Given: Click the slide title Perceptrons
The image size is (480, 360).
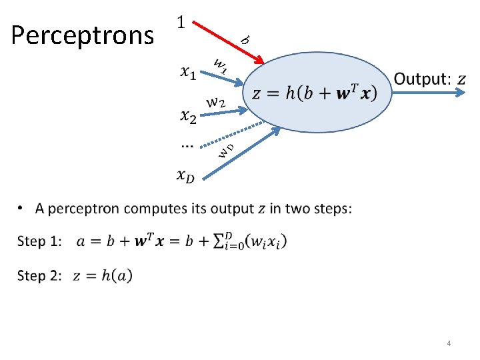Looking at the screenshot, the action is (x=82, y=35).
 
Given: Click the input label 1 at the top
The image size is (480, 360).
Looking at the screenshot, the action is (x=181, y=23).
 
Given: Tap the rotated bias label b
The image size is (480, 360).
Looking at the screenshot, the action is (x=245, y=39).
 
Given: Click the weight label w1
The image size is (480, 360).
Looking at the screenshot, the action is (x=220, y=65).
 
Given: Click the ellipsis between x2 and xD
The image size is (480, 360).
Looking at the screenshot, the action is (x=187, y=143).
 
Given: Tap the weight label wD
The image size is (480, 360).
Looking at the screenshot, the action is (x=226, y=150).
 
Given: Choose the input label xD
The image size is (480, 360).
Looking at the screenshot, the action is (x=187, y=175).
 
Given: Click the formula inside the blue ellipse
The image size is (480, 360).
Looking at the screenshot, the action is (x=314, y=93).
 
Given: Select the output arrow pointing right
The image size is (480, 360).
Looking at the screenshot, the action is (x=427, y=94).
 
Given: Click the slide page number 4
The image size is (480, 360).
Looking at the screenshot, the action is (x=449, y=343).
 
